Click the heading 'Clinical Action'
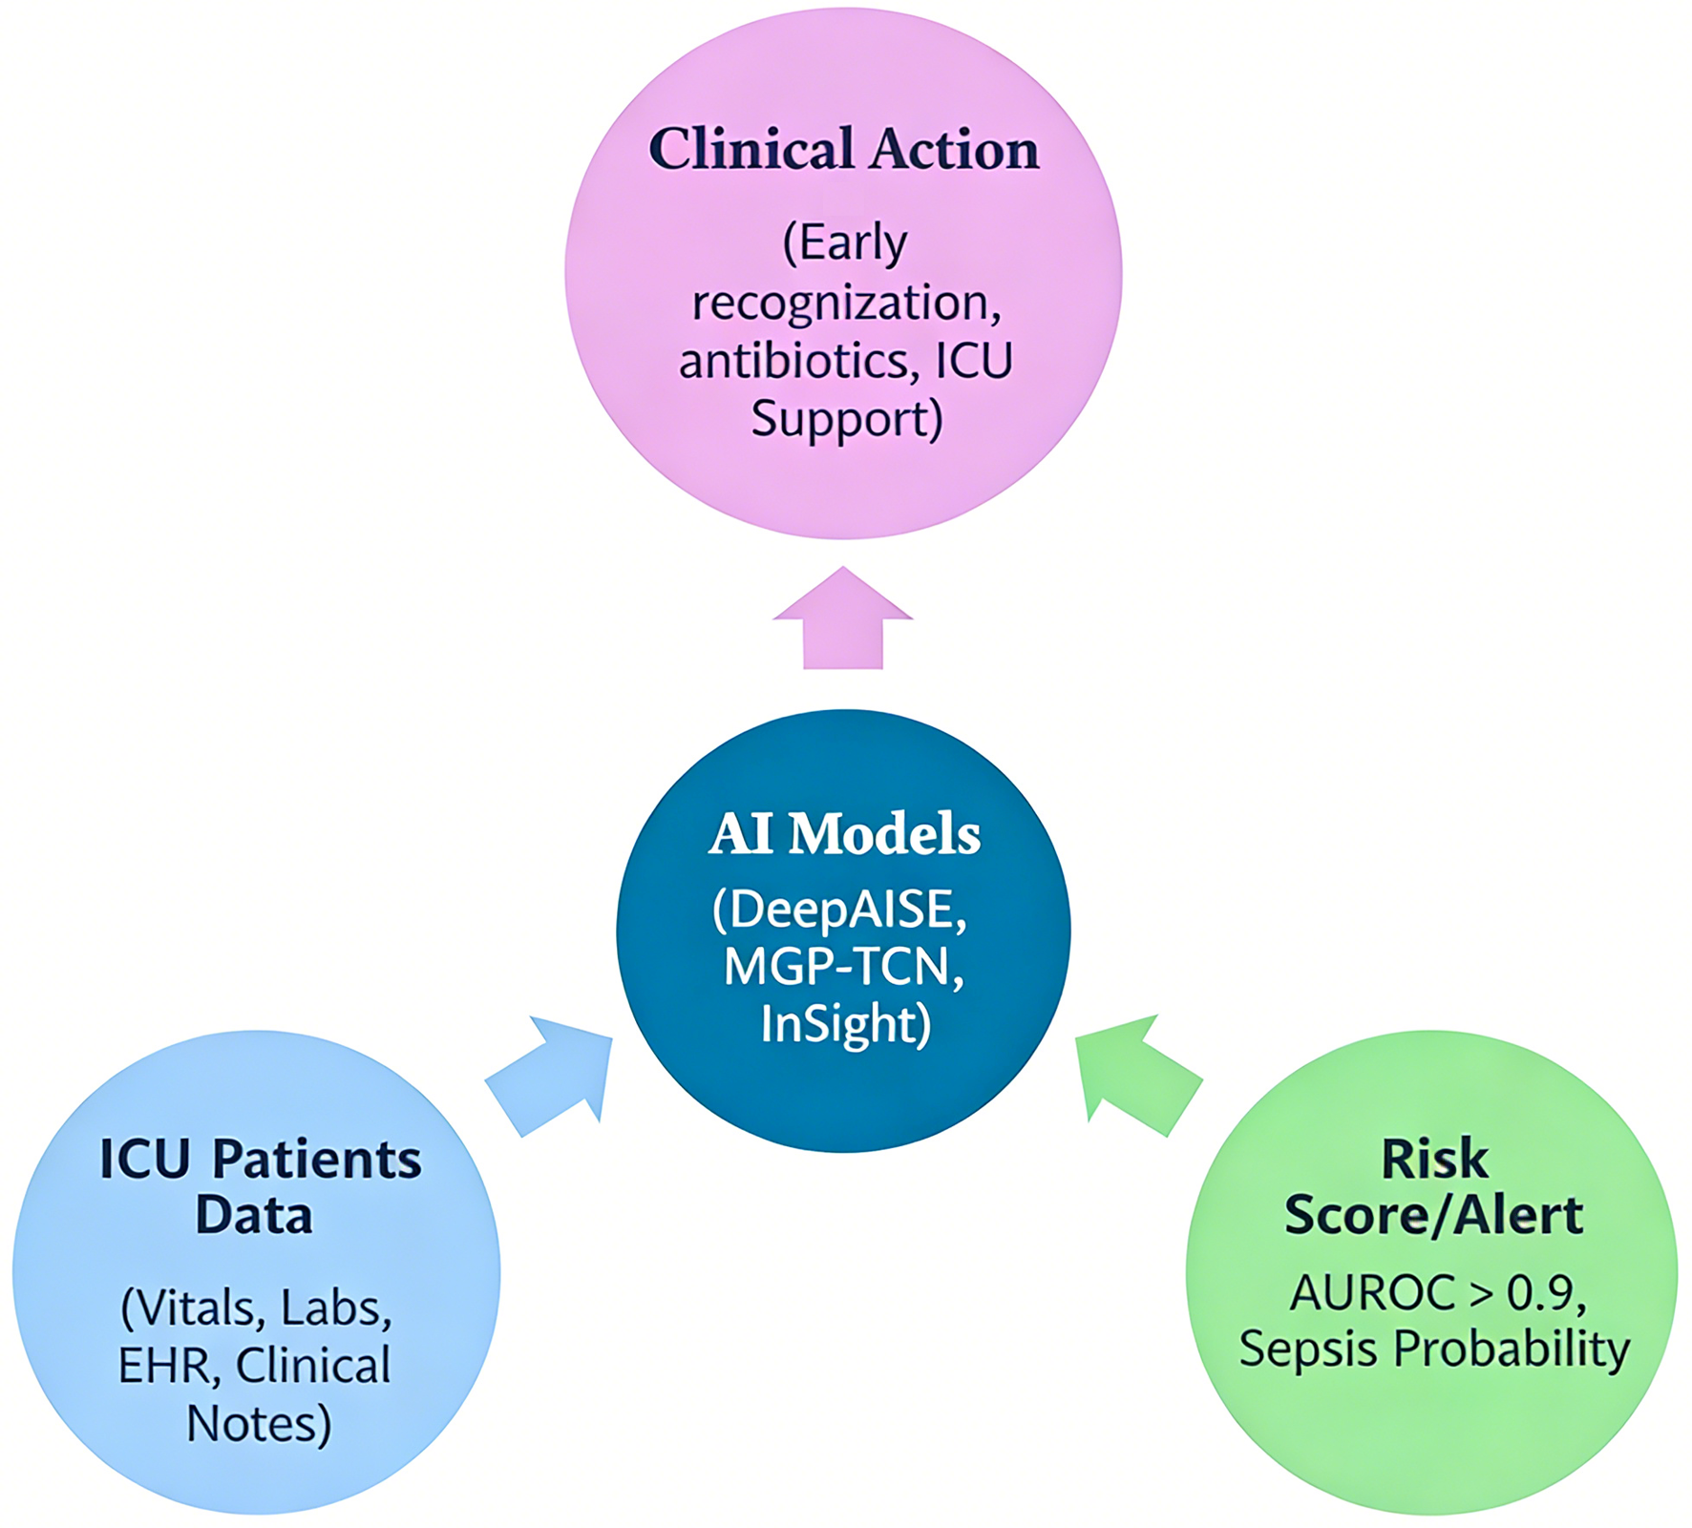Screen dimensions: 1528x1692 pos(844,150)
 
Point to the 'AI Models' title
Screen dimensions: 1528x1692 pos(844,834)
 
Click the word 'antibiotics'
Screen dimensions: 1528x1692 pos(794,361)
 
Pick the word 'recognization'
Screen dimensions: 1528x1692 pos(840,303)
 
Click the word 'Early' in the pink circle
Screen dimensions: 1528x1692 pos(853,243)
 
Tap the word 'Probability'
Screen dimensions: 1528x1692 pos(1512,1350)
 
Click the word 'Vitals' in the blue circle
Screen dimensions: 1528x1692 pos(198,1308)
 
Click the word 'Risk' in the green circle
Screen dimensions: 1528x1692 pos(1434,1159)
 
